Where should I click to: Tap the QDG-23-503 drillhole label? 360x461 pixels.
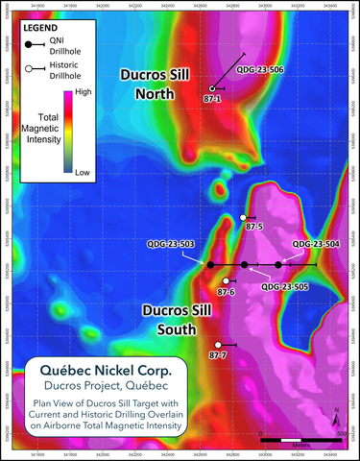click(172, 244)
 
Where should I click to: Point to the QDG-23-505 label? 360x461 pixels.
click(284, 286)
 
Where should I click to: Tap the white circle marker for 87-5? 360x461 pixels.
click(243, 218)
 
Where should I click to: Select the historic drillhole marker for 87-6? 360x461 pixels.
click(226, 281)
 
